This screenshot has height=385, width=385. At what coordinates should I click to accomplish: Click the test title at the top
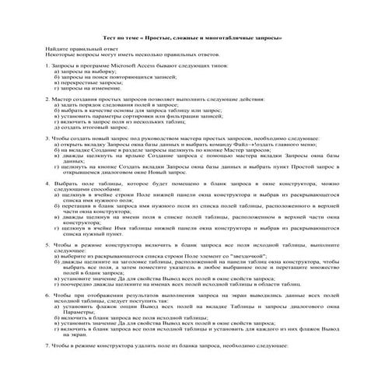coord(192,37)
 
